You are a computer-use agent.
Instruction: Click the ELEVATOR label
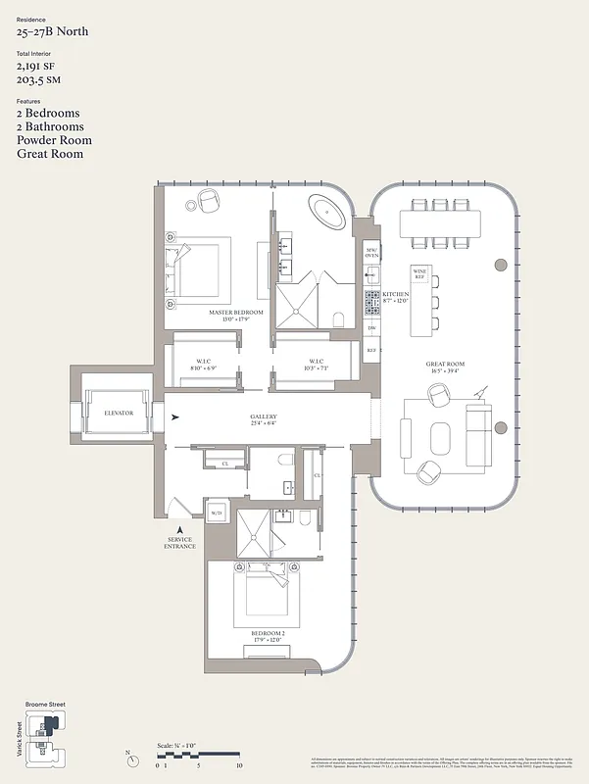tap(118, 414)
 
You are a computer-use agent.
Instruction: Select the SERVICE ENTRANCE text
tap(180, 542)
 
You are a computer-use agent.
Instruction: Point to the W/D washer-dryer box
tap(216, 512)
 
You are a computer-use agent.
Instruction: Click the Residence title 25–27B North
tap(52, 31)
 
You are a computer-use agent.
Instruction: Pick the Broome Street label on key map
tap(45, 705)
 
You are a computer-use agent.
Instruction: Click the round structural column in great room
tap(502, 264)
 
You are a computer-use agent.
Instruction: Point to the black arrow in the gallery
tap(175, 418)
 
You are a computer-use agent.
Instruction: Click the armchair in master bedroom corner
tap(209, 201)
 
